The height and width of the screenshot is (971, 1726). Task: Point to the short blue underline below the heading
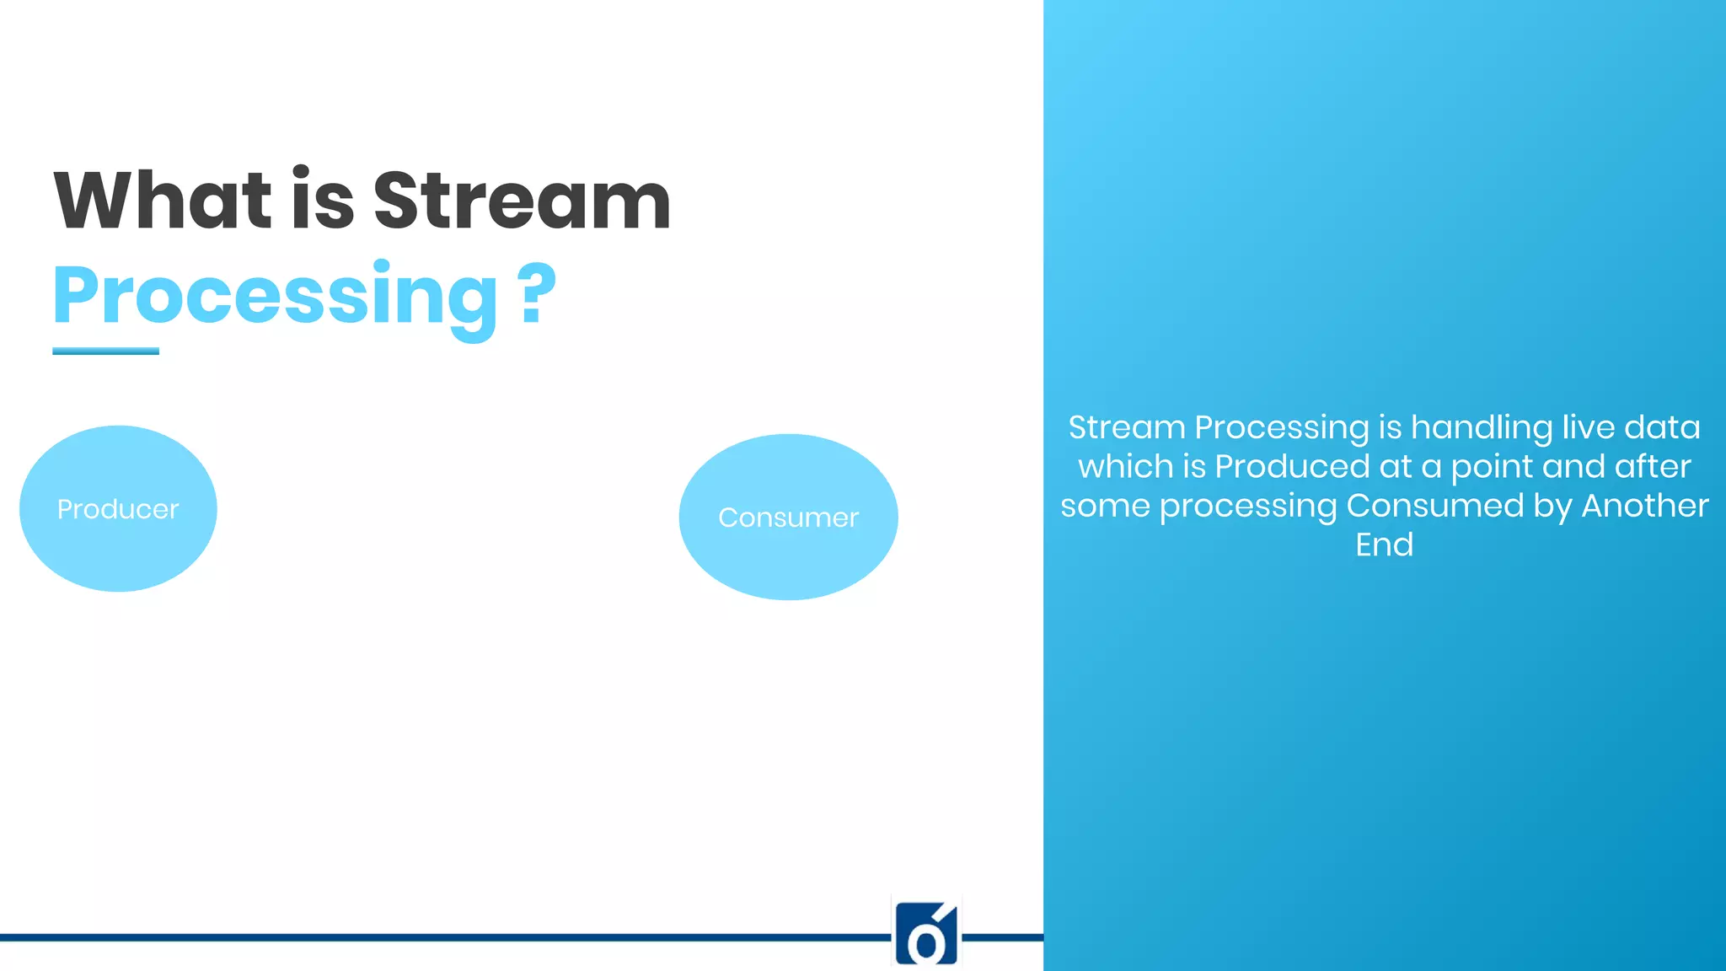tap(105, 351)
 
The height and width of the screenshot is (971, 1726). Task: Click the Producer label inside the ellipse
tap(118, 509)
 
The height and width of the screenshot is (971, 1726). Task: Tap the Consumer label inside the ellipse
tap(788, 518)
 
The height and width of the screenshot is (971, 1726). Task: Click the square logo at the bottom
tap(926, 932)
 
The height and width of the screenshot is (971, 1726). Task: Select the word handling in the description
tap(1481, 427)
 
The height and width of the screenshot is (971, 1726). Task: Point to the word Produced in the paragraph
tap(1292, 466)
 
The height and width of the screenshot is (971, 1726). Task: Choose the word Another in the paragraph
tap(1644, 506)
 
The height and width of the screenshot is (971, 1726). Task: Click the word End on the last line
tap(1384, 545)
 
